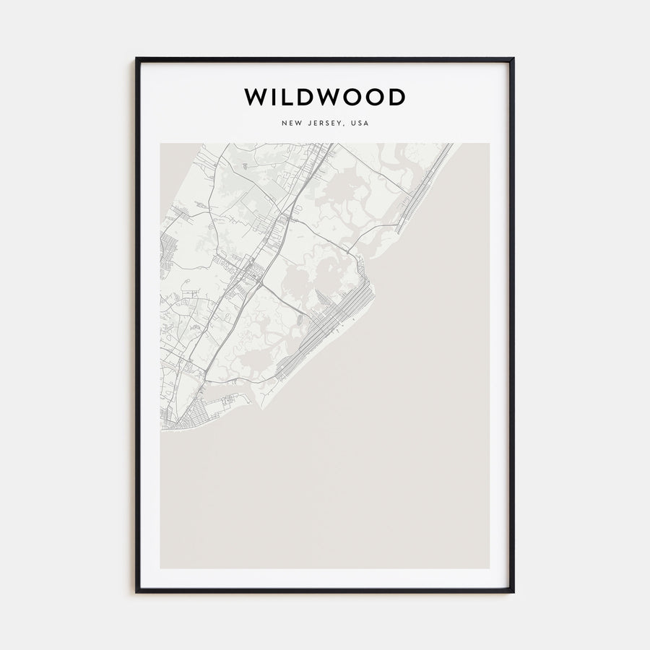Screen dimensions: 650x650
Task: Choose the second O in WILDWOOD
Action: coord(376,97)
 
